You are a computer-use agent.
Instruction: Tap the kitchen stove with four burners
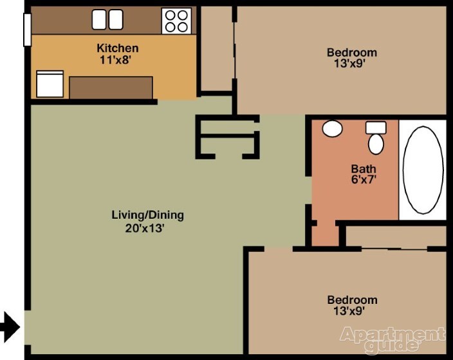coord(176,20)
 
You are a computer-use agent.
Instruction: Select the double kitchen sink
coord(107,19)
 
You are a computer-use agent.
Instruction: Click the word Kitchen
coord(117,48)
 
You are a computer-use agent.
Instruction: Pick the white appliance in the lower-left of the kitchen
coord(50,84)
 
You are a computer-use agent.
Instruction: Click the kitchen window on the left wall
coord(27,30)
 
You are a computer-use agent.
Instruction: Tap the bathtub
coord(423,169)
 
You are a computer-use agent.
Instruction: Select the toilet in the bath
coord(376,138)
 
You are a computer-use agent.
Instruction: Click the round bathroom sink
coord(332,128)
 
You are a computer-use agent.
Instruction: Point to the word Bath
coord(363,169)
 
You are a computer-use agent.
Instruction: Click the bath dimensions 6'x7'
coord(363,180)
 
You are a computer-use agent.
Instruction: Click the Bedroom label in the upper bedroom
coord(351,52)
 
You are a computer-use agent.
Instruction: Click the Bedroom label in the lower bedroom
coord(352,299)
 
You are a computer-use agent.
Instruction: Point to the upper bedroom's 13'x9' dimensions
coord(351,64)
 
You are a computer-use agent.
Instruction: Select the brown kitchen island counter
coord(111,87)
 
